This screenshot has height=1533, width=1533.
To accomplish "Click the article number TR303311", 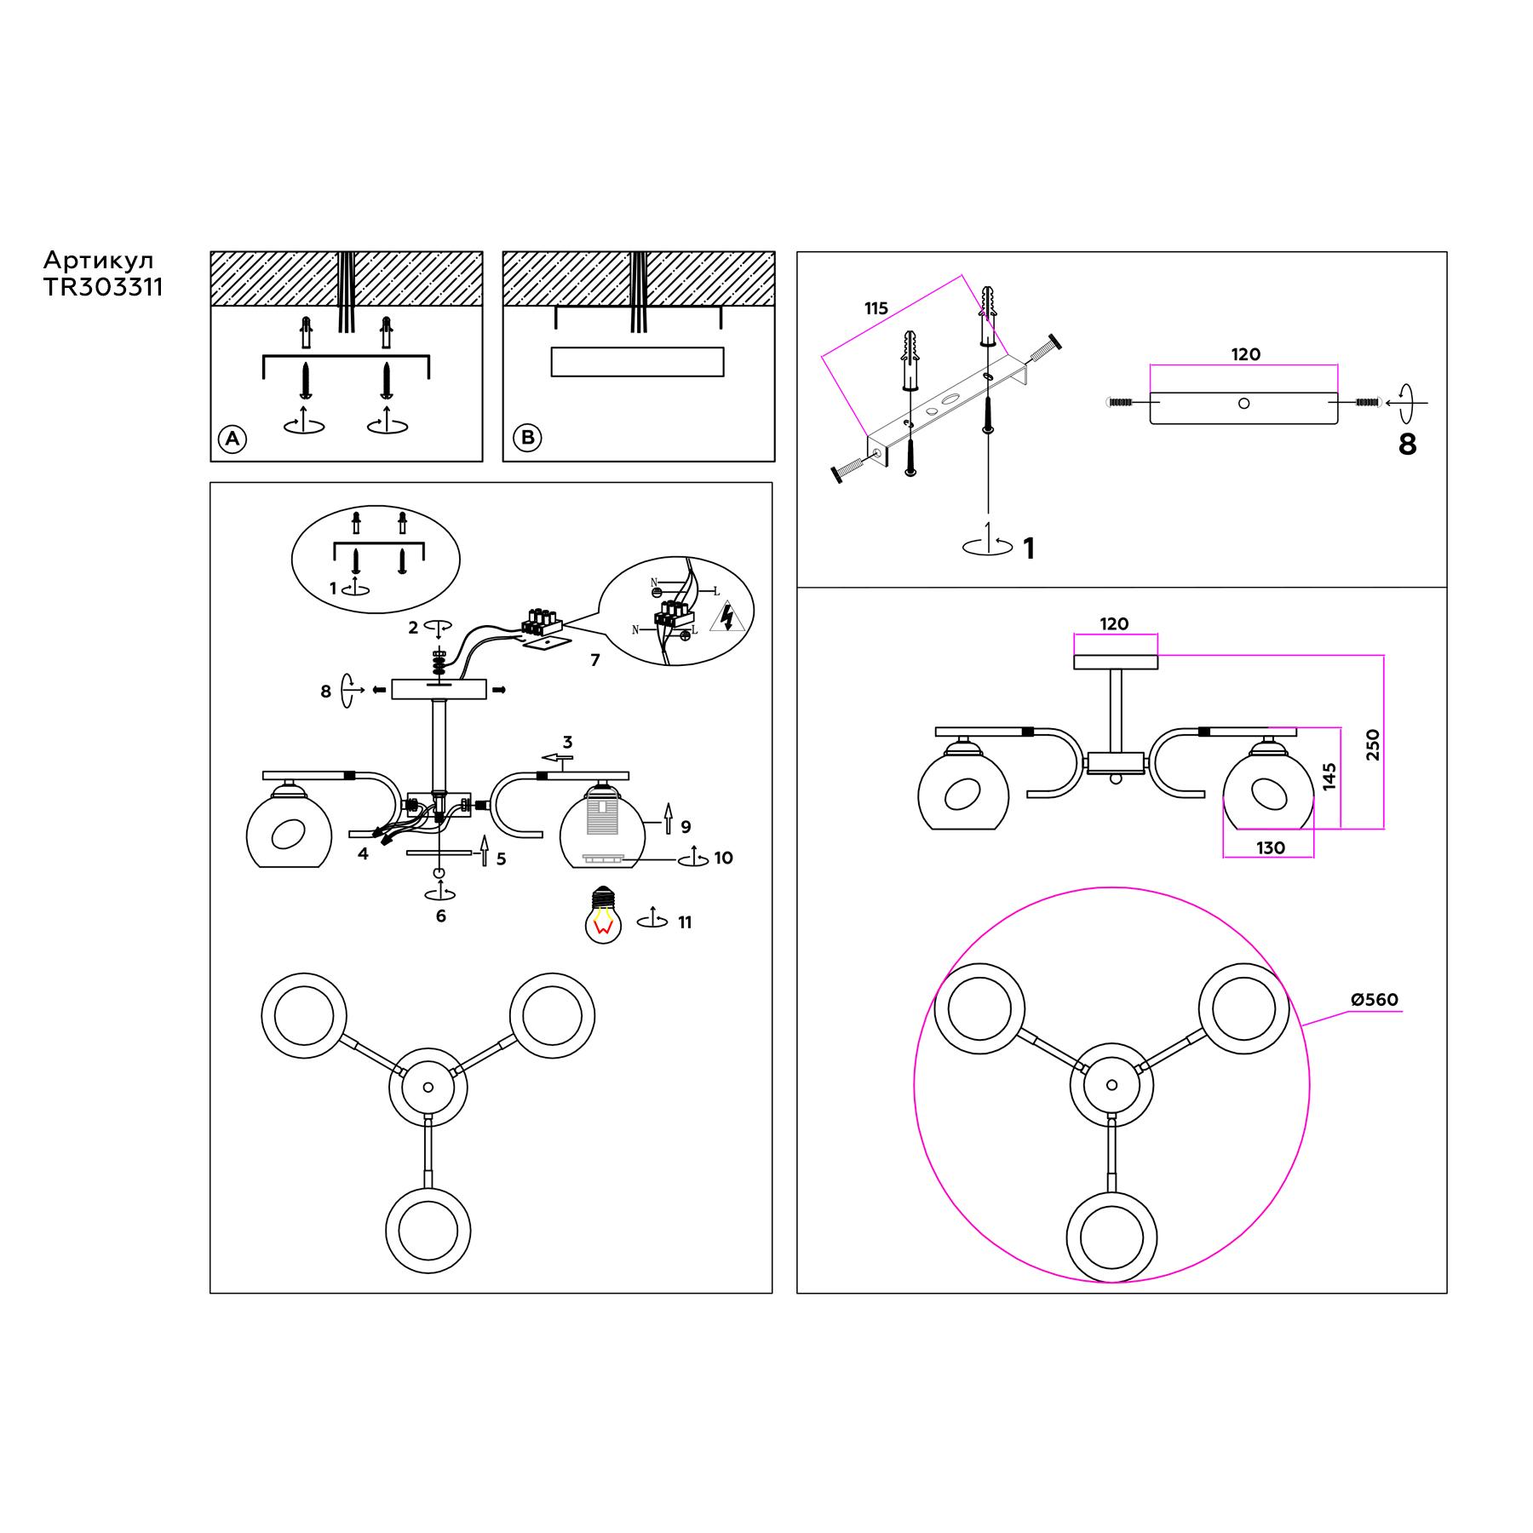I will [x=103, y=288].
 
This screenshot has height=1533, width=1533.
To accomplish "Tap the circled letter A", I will [x=232, y=439].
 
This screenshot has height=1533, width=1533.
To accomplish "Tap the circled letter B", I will [x=528, y=438].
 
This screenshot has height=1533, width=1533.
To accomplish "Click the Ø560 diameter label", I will [x=1375, y=1000].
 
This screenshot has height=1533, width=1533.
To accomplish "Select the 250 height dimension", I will [x=1372, y=745].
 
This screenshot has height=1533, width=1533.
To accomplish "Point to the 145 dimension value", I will [x=1329, y=777].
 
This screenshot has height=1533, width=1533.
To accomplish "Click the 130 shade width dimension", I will [x=1270, y=848].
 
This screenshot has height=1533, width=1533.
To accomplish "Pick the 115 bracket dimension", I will [x=876, y=308].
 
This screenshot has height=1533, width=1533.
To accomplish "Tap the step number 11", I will [x=685, y=922].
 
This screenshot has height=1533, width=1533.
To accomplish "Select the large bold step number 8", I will [x=1407, y=445].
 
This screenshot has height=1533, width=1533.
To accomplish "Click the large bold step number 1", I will [x=1029, y=549].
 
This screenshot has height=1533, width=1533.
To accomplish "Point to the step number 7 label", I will [x=595, y=660].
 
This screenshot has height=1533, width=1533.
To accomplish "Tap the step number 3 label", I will [x=567, y=743].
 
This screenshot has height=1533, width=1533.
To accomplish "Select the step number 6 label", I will [x=440, y=916].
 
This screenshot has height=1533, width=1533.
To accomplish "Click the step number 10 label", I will [x=723, y=858].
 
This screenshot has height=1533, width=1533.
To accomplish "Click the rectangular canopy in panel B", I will [x=637, y=362].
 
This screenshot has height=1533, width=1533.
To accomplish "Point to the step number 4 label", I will [x=363, y=853].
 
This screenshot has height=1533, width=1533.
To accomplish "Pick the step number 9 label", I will [x=686, y=827].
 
